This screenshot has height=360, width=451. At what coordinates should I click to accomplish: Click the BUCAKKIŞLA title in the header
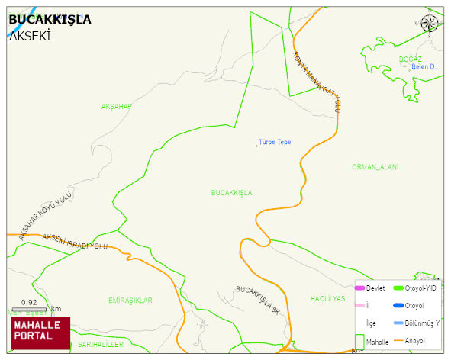[50, 19]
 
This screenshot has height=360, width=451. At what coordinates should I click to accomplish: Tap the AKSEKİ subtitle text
[30, 35]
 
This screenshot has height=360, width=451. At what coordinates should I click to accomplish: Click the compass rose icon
[430, 24]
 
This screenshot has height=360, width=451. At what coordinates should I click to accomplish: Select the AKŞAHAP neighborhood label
[117, 106]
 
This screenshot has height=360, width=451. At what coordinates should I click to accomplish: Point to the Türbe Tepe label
[274, 143]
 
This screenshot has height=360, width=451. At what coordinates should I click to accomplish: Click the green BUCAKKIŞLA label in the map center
[231, 193]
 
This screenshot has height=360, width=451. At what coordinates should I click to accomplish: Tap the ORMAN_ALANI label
[375, 167]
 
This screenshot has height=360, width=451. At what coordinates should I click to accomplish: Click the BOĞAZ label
[410, 59]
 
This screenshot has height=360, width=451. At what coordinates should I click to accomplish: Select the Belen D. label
[423, 67]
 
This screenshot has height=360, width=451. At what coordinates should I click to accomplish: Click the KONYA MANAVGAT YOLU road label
[317, 82]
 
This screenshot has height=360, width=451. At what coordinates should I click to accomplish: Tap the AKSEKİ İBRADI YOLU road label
[76, 242]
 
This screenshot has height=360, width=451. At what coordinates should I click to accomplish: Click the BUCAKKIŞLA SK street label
[258, 300]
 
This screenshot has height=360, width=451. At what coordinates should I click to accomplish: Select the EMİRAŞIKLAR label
[130, 301]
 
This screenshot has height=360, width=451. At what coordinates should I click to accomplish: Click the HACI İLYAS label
[328, 298]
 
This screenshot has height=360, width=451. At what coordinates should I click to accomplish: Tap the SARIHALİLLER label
[100, 345]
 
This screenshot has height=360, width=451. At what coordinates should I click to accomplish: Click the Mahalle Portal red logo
[40, 332]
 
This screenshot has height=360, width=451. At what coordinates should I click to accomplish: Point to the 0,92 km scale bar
[30, 307]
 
